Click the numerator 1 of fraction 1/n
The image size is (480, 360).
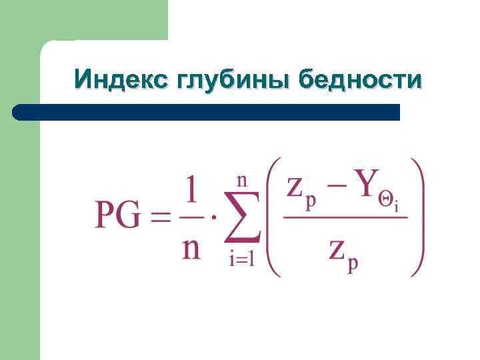(x=191, y=191)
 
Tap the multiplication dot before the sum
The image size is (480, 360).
(x=214, y=217)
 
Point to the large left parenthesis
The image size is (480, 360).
(x=273, y=216)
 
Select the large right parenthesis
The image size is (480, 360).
(x=418, y=216)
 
